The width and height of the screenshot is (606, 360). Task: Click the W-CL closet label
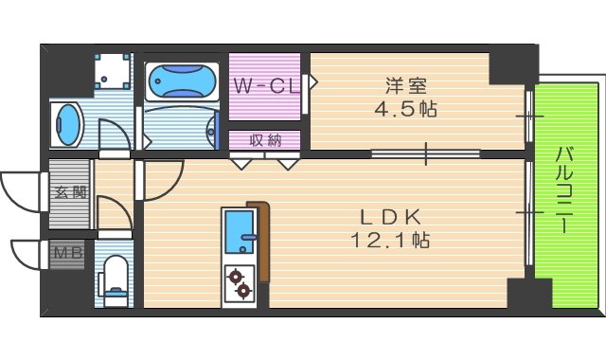click(x=266, y=86)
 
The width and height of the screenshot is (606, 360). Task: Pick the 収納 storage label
click(x=265, y=140)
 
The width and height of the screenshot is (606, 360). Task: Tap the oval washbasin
click(x=68, y=124)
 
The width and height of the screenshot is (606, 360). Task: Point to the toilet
click(x=115, y=276)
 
